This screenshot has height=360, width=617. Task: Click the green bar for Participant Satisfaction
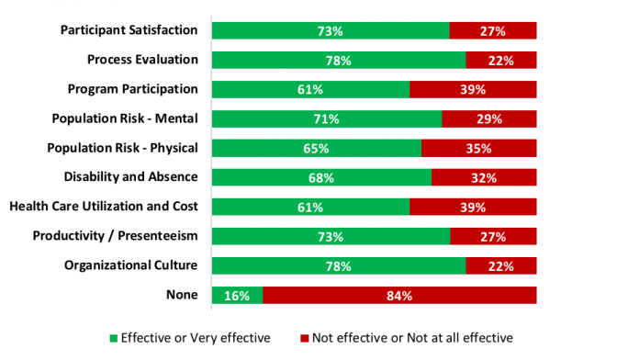click(331, 31)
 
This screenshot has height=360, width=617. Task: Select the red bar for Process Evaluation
click(501, 61)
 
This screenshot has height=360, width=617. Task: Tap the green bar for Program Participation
click(310, 90)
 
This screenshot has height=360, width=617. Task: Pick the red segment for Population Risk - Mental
click(489, 119)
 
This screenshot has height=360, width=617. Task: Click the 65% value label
click(317, 149)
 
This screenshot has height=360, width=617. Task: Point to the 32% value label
click(484, 178)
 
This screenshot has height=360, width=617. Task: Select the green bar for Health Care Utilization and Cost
click(310, 208)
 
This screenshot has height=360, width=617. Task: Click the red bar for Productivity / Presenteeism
click(493, 237)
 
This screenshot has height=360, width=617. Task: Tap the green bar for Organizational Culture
click(339, 266)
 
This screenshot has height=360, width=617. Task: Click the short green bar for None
click(237, 296)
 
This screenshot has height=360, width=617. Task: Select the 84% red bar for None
click(399, 296)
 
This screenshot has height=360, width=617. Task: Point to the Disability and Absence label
click(131, 177)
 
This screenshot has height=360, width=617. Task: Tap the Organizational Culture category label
click(131, 265)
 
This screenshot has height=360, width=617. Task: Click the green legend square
click(115, 338)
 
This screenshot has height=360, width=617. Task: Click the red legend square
click(303, 338)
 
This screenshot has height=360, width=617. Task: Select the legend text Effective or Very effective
click(196, 338)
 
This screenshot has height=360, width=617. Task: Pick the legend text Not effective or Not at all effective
click(412, 338)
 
